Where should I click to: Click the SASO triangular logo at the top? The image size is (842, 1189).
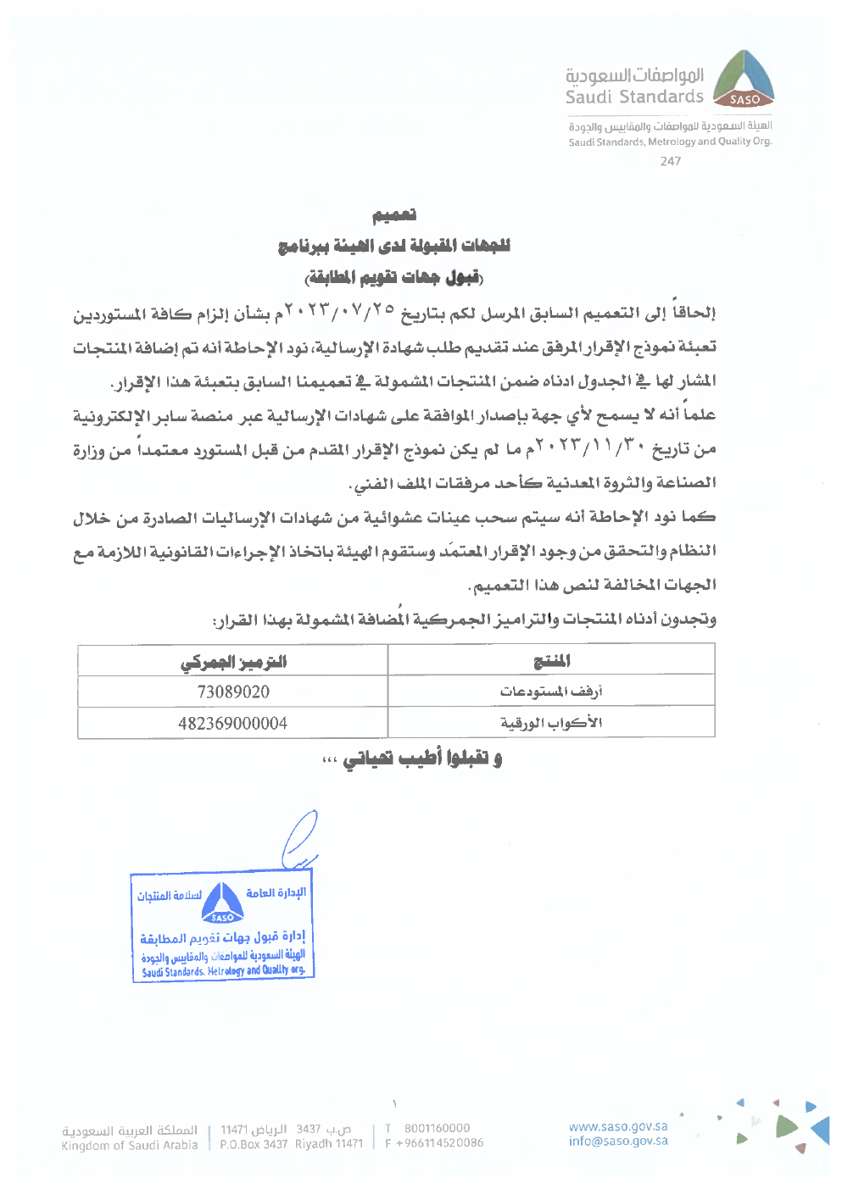point(744,79)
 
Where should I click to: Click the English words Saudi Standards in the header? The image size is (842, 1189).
point(634,97)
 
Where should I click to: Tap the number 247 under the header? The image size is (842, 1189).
point(670,161)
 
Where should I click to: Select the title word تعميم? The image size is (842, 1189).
point(394,215)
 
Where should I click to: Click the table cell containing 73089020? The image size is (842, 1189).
point(233,692)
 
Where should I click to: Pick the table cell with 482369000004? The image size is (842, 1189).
point(233,723)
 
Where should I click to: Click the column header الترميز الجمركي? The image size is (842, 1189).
point(233,661)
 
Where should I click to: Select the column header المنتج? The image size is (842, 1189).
point(551,661)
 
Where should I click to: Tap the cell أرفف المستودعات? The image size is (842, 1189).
point(551,692)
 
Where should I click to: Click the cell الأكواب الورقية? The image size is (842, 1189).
point(551,723)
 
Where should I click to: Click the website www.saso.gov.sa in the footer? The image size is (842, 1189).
point(618,1126)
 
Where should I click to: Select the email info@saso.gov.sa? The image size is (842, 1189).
point(618,1141)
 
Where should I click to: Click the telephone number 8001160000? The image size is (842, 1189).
point(437,1128)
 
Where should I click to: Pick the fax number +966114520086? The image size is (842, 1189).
point(439,1143)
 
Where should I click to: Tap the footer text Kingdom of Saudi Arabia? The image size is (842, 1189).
point(129,1145)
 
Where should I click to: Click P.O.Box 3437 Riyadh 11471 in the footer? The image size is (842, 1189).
point(291,1143)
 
